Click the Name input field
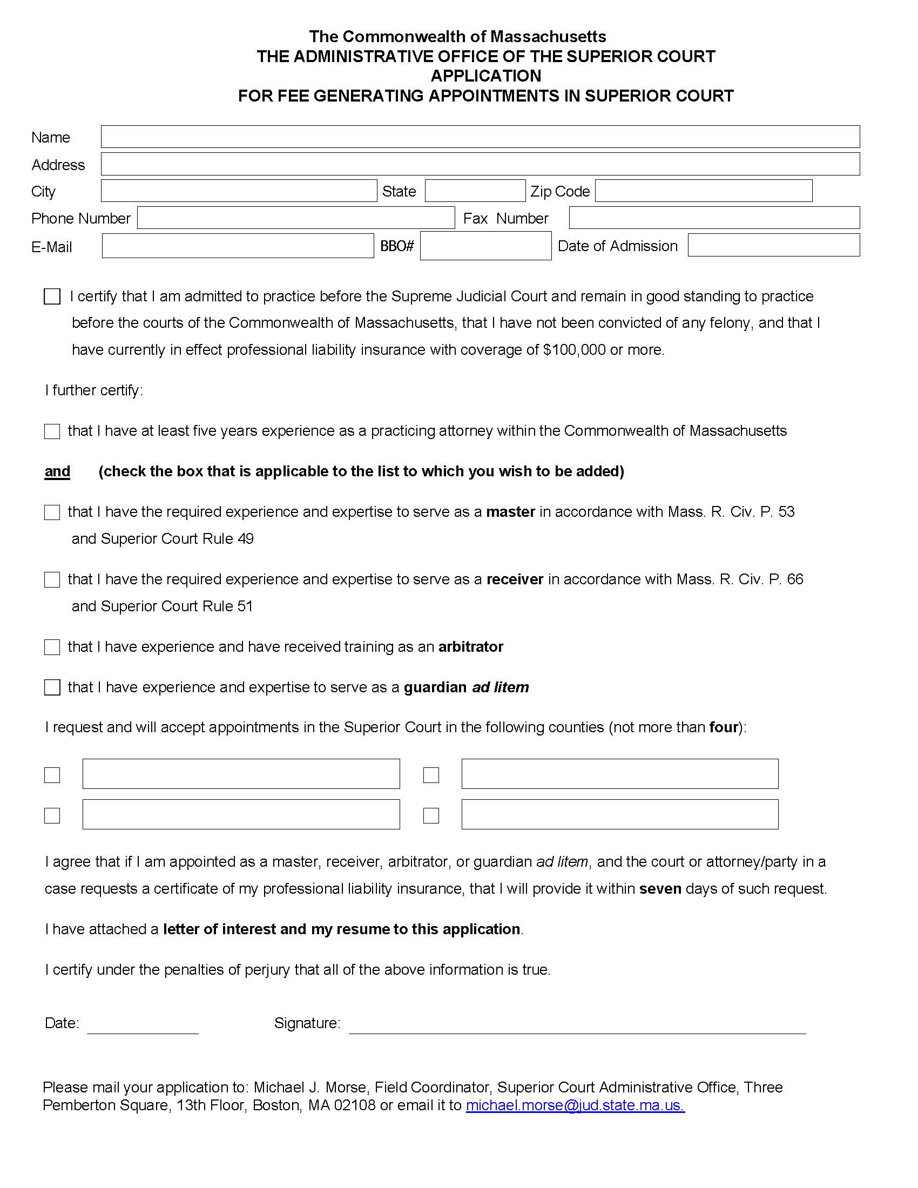tap(480, 137)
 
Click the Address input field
tap(480, 164)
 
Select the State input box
tap(475, 191)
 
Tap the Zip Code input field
tap(703, 191)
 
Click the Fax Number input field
tap(714, 218)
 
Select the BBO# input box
tap(485, 246)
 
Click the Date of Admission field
tap(773, 245)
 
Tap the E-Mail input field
tap(238, 246)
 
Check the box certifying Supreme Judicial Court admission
tap(52, 296)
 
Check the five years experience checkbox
tap(52, 431)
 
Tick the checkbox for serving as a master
tap(52, 512)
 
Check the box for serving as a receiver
tap(52, 580)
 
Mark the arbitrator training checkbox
tap(52, 647)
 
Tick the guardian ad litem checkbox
tap(52, 687)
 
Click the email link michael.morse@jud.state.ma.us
tap(575, 1105)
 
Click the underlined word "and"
tap(57, 471)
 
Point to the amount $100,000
tap(573, 350)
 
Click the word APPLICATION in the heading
tap(485, 76)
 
